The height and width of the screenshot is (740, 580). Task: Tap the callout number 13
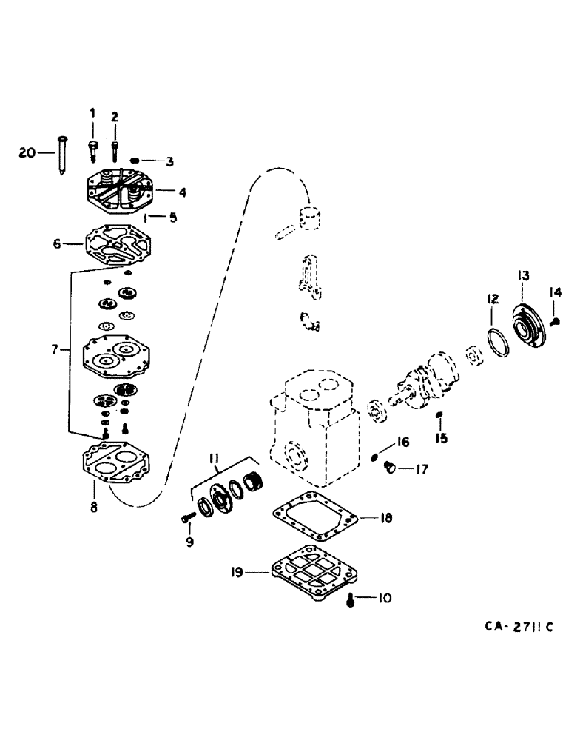(x=522, y=276)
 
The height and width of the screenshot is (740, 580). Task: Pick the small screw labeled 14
(x=556, y=320)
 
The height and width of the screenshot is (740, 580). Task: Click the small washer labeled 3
(x=135, y=160)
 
